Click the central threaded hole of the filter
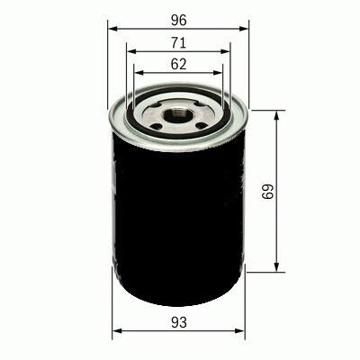coord(177,113)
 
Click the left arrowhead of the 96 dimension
coord(112,28)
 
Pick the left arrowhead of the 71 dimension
coord(130,50)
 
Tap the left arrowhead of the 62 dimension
coord(138,72)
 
